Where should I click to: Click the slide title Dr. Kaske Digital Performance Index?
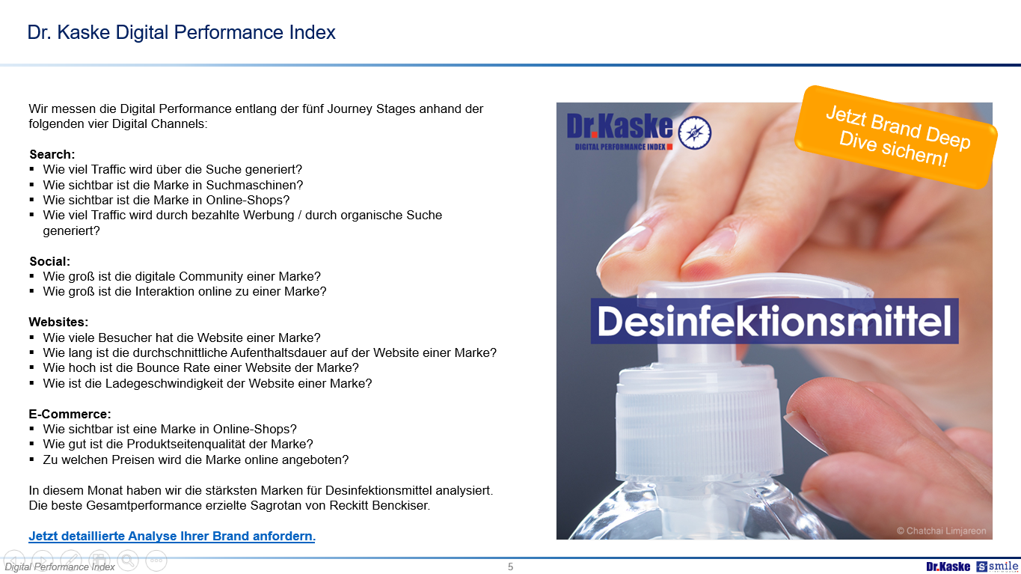point(182,32)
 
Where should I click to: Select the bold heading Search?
point(52,154)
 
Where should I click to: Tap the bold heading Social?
point(49,261)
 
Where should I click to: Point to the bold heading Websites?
point(58,322)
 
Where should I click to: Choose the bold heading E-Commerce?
point(70,414)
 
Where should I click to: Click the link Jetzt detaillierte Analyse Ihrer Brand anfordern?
point(172,536)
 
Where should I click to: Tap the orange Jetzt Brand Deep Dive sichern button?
point(896,137)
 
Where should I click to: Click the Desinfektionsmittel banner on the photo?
point(774,321)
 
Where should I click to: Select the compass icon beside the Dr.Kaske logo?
point(695,132)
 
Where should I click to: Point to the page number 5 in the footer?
point(510,567)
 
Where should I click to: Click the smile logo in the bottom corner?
point(997,567)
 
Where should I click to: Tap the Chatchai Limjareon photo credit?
point(941,531)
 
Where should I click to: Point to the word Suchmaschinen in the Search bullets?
point(254,185)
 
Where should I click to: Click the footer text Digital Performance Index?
point(60,567)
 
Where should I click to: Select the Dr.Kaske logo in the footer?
point(948,567)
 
